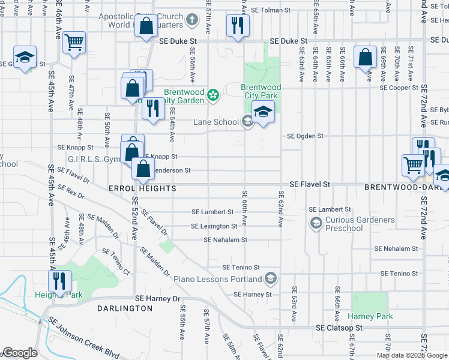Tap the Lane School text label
pos(216,122)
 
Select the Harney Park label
pos(370,316)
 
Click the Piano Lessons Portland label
pos(218,279)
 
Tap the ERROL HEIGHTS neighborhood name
pos(142,188)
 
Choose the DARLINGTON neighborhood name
pos(125,308)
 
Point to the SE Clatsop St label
pos(339,328)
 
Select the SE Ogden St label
pos(305,136)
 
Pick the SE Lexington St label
pos(214,226)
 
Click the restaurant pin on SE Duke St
pos(238,26)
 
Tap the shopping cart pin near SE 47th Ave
pos(74,43)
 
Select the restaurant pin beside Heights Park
pos(60,281)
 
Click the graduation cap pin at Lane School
pos(263,112)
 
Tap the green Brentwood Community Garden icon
pos(212,95)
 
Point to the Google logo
pos(20,353)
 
